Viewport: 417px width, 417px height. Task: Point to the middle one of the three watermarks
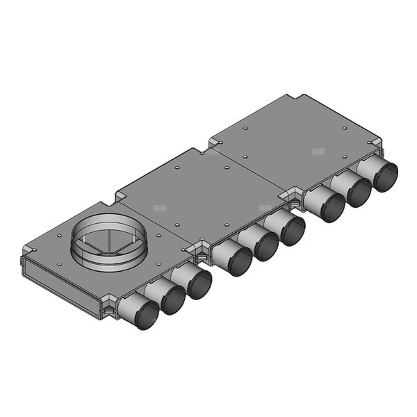click(264, 207)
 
